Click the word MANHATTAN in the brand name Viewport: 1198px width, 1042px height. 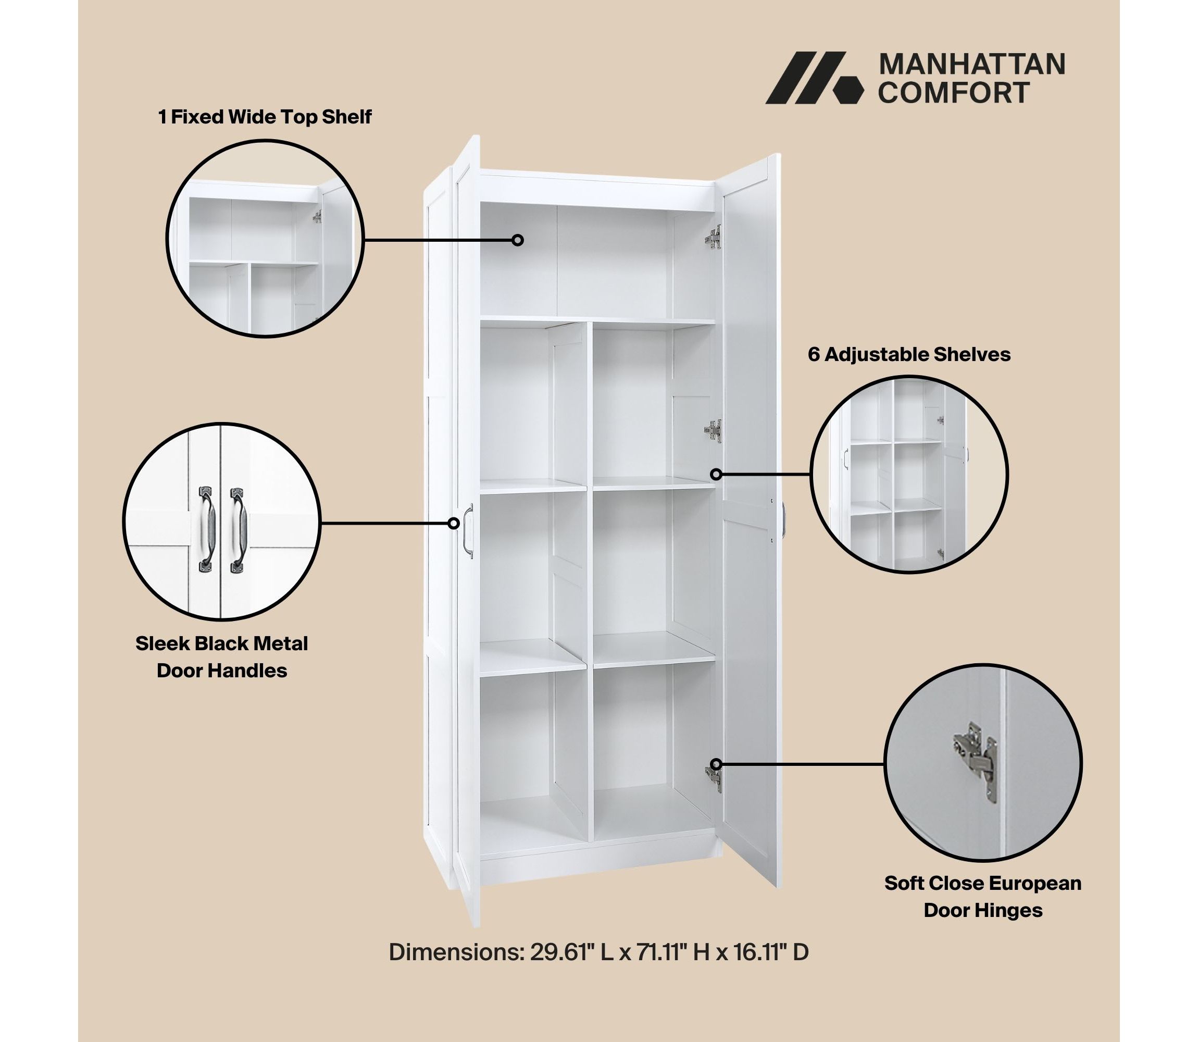point(971,65)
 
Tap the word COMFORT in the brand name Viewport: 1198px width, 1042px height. point(954,92)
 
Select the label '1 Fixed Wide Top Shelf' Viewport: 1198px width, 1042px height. point(265,117)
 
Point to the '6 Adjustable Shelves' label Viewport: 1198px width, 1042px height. point(909,354)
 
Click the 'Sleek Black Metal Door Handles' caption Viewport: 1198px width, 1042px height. point(221,657)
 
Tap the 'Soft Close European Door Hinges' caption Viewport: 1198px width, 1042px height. point(983,897)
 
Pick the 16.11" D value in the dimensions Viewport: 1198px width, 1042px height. point(771,952)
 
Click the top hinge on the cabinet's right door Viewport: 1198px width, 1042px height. point(715,237)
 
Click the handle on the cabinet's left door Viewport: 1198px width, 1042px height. point(468,531)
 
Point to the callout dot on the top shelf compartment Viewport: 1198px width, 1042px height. point(517,240)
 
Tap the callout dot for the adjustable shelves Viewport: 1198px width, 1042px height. point(716,475)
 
